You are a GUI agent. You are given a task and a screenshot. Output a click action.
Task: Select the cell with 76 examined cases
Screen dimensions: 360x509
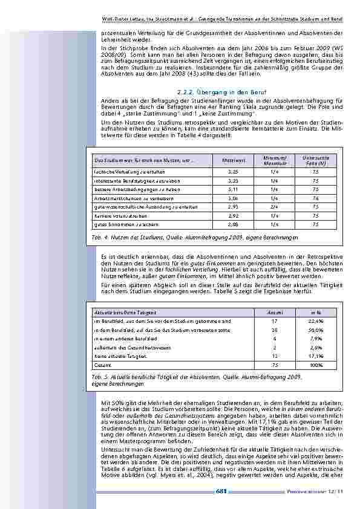point(315,198)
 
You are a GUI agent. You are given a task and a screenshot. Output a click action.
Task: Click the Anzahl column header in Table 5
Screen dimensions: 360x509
point(274,311)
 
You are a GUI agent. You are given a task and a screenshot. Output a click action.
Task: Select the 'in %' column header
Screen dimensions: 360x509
point(316,311)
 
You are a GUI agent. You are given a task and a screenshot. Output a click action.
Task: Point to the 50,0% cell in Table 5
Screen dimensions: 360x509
point(316,331)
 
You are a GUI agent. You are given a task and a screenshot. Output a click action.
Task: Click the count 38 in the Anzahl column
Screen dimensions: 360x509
point(274,331)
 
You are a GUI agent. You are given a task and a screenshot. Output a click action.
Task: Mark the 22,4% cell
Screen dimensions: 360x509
point(316,322)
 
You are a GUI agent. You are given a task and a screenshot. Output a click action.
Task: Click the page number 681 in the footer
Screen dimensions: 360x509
point(221,491)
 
